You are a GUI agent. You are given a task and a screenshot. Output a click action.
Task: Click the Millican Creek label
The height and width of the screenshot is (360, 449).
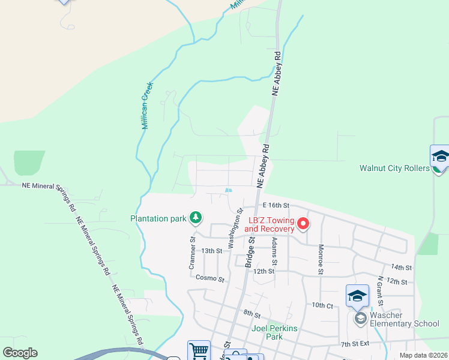pos(147,106)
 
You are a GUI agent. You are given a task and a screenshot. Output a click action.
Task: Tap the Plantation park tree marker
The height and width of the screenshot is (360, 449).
pos(195,218)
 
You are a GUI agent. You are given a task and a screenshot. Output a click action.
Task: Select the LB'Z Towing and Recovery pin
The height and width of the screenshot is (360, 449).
pos(303,224)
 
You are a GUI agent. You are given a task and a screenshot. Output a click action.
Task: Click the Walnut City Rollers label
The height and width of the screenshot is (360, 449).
pos(394,168)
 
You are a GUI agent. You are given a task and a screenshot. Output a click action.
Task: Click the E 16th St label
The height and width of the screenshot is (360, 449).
pos(276,205)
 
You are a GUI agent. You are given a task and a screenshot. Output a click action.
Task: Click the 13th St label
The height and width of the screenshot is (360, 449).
pos(211,250)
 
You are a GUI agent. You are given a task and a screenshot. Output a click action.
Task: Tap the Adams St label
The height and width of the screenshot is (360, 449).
pos(274,251)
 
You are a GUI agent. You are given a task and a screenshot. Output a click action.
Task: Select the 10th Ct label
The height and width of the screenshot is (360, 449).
pos(322,305)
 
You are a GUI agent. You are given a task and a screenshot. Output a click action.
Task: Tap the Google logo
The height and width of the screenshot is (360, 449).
pos(20,353)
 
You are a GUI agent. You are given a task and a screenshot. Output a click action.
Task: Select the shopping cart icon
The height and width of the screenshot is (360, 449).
pos(199,350)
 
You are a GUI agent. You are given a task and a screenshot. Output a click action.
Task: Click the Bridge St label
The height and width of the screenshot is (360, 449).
pos(250,251)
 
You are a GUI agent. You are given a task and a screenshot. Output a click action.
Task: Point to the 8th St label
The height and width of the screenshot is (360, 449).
pos(252,314)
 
